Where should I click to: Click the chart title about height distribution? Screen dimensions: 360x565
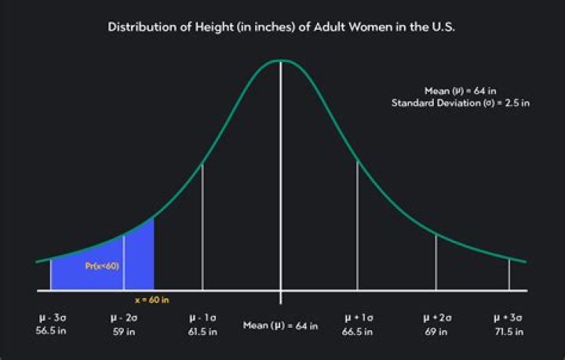click(x=282, y=27)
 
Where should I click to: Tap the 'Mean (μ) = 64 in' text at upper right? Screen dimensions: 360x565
click(x=464, y=91)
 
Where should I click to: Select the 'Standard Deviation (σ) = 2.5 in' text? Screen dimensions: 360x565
click(x=460, y=103)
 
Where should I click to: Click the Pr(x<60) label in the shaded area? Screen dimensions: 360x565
click(x=102, y=266)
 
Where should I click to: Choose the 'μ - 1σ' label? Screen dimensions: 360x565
click(x=203, y=318)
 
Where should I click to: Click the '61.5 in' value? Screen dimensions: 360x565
click(x=203, y=331)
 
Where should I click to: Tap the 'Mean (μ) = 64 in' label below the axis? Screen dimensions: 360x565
click(x=280, y=325)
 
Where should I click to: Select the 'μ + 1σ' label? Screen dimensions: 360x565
click(x=358, y=318)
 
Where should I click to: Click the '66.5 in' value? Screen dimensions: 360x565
click(x=358, y=331)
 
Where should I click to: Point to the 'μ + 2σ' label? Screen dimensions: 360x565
click(x=436, y=318)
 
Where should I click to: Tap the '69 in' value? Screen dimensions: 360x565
click(x=436, y=331)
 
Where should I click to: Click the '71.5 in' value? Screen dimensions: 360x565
click(x=508, y=331)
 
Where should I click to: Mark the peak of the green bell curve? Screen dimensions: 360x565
click(x=281, y=60)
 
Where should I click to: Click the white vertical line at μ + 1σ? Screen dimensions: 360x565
click(x=358, y=227)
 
